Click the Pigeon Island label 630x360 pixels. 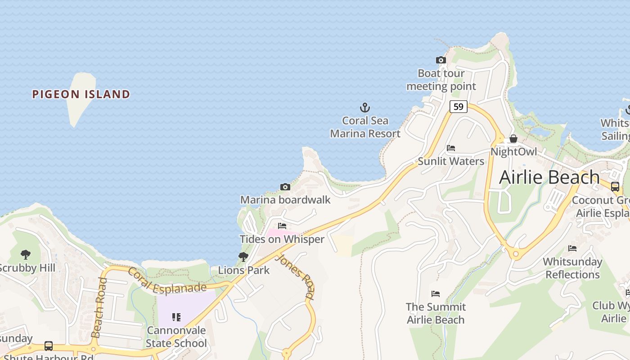coord(81,94)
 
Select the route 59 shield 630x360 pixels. coord(458,107)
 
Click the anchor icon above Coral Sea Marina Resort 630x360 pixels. coord(365,108)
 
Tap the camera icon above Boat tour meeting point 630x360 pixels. coord(441,60)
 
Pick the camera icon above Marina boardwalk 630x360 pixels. coord(285,187)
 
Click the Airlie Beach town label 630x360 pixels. coord(549,177)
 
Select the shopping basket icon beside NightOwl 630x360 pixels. coord(513,139)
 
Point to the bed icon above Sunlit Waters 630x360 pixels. coord(451,148)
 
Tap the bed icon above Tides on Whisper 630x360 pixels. coord(282,226)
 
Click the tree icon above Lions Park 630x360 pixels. coord(243,257)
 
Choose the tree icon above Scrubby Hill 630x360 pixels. coord(26,255)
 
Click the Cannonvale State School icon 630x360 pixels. coord(176,317)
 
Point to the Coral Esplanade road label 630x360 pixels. coord(166,282)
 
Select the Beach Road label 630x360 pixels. coord(99,307)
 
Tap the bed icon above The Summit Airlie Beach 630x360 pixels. coord(435,294)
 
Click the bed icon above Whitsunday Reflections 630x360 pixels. coord(572,248)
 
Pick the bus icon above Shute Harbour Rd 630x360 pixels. coord(49,346)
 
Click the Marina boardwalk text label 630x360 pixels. coord(285,200)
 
